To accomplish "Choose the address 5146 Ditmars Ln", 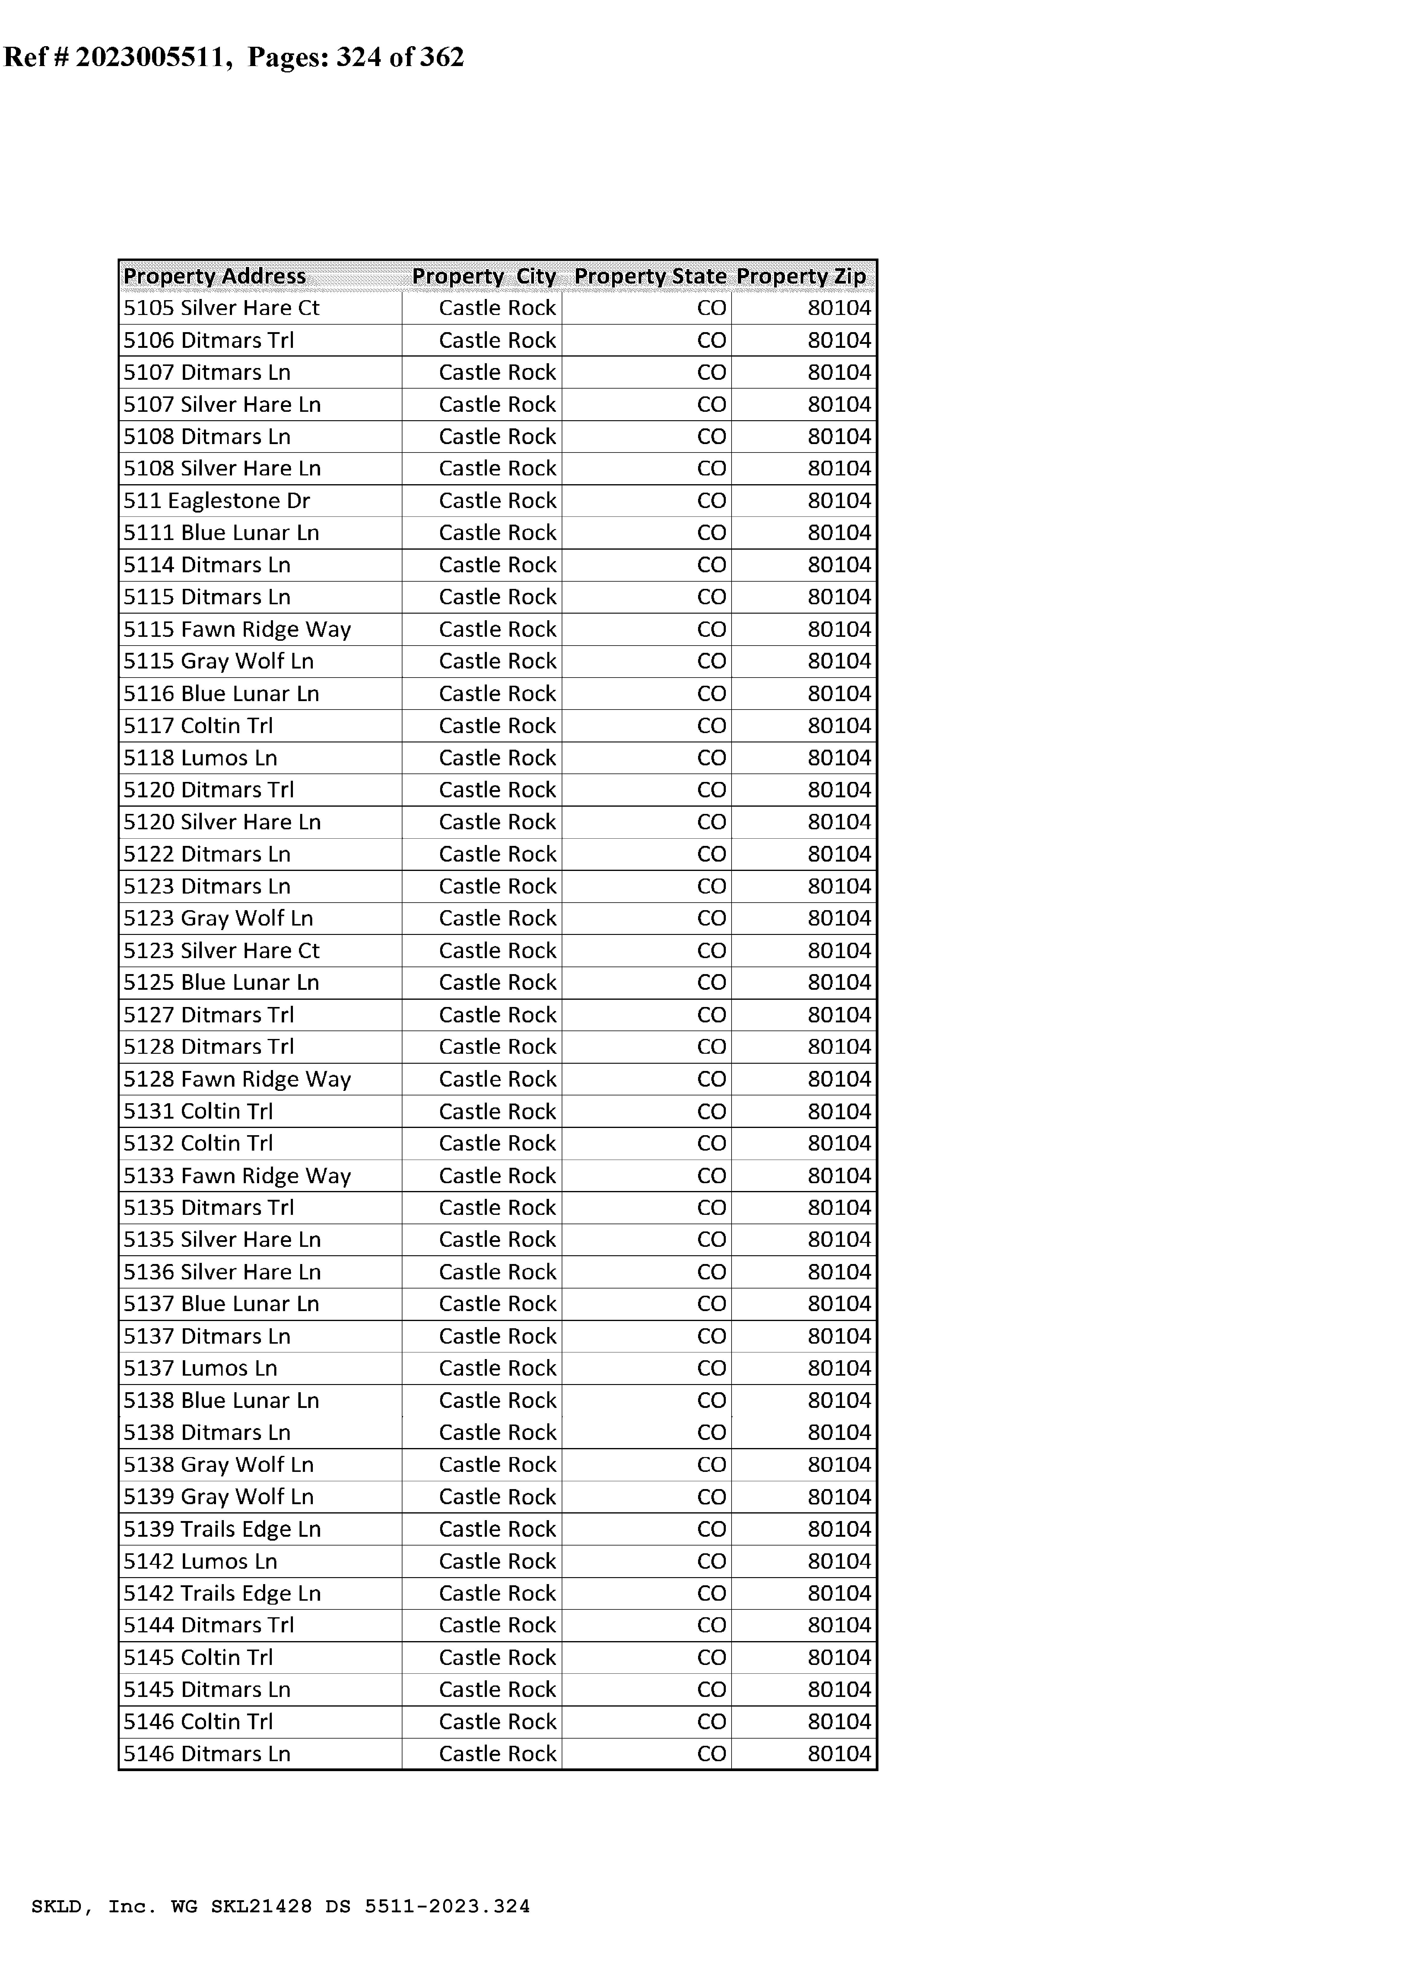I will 207,1754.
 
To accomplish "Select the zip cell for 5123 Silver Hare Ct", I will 839,951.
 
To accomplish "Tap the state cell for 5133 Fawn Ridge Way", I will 711,1176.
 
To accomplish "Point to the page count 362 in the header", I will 442,57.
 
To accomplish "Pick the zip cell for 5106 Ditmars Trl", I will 839,340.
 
